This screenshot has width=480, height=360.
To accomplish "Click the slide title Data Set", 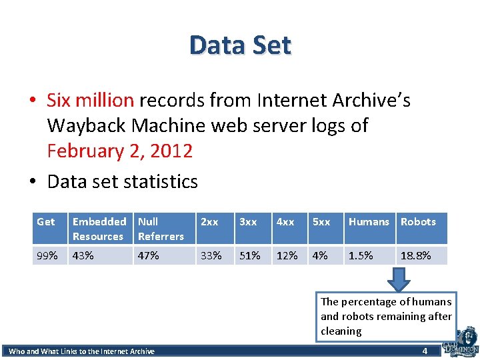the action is click(x=240, y=45).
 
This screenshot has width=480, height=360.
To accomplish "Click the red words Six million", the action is click(x=91, y=100).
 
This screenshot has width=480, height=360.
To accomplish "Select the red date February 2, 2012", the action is click(x=120, y=151).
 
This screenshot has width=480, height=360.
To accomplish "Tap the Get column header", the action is click(x=46, y=222).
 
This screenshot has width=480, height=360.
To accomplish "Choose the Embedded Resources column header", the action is click(x=99, y=229).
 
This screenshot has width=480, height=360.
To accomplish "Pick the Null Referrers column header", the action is click(x=161, y=229).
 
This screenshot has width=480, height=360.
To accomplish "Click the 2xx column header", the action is click(x=209, y=222).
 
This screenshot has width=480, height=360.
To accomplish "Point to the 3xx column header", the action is click(x=248, y=222).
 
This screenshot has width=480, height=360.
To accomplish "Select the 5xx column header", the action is click(x=321, y=222).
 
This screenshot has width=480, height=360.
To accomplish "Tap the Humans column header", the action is click(x=369, y=222).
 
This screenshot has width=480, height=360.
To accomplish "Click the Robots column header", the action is click(x=418, y=222).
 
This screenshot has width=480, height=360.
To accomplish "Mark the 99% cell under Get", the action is click(x=47, y=255).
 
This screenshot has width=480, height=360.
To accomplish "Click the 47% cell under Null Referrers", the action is click(x=149, y=255).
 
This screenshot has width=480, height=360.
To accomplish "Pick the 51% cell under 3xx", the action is click(x=250, y=255).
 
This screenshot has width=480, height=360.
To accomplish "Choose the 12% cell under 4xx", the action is click(x=287, y=255).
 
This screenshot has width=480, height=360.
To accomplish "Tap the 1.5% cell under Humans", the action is click(x=361, y=255).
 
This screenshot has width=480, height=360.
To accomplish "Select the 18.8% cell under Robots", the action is click(x=415, y=255).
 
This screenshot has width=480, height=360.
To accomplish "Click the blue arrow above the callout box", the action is click(x=399, y=279).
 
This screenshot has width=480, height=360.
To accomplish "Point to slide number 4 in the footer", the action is click(x=425, y=351).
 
